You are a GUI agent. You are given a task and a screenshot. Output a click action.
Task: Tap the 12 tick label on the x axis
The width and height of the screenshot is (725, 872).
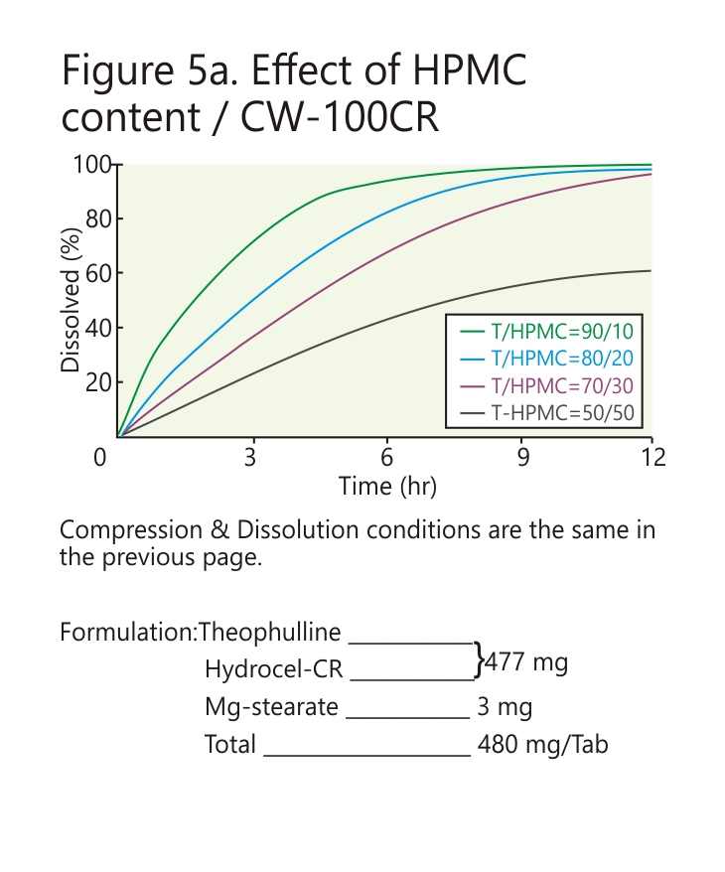coord(652,458)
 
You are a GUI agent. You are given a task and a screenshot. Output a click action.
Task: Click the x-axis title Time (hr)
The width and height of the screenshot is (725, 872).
coord(387,487)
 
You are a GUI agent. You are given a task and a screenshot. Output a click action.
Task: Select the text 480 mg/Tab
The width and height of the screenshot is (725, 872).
coord(542,744)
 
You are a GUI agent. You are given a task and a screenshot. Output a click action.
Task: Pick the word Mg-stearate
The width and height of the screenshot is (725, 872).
coord(271,707)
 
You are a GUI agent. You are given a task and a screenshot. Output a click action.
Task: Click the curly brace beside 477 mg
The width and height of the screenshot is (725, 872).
coord(481,658)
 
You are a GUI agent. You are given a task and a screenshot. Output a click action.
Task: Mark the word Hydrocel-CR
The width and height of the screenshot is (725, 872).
coord(273,669)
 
